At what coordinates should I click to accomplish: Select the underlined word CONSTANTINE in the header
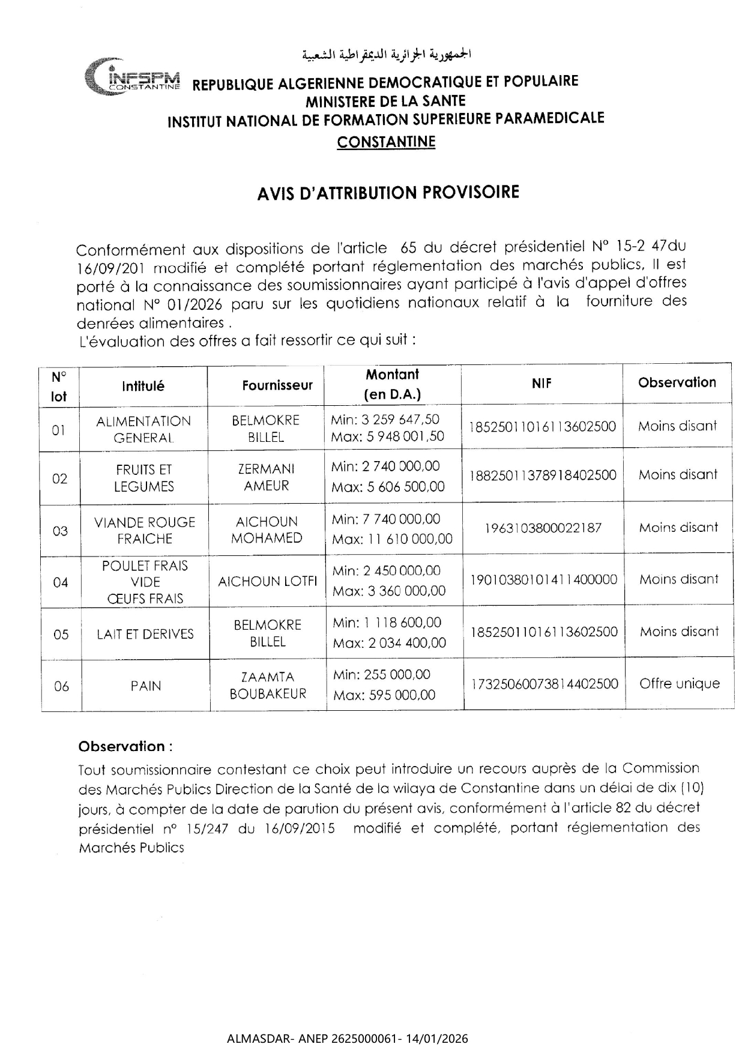point(386,142)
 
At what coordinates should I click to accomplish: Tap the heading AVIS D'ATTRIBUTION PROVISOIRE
point(388,193)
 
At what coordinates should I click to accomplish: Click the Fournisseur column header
point(277,385)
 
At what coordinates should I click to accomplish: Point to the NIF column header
point(541,384)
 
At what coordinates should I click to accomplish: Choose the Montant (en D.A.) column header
point(393,384)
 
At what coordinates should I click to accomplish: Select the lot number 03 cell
point(60,531)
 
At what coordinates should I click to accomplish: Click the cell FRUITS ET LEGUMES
point(144,478)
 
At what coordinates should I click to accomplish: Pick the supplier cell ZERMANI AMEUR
point(267,477)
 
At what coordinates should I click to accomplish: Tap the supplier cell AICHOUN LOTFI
point(268,581)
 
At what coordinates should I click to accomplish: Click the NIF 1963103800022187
point(543,528)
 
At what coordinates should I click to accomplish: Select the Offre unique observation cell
point(679,684)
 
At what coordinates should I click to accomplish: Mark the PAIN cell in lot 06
point(146,686)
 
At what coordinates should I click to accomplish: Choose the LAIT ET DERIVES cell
point(145,634)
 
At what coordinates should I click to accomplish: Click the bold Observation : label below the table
point(125,747)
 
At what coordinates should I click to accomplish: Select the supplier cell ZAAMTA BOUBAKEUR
point(268,686)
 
